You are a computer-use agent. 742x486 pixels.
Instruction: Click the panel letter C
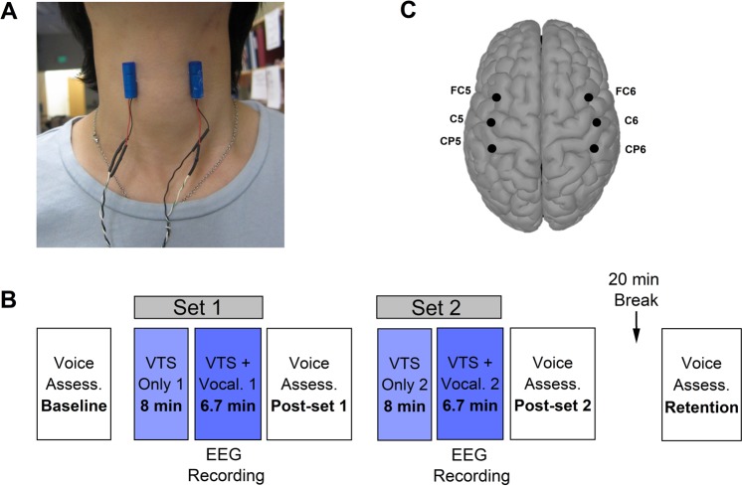coord(406,10)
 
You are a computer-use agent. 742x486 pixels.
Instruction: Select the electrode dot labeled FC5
coord(496,96)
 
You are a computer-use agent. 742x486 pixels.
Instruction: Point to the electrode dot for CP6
coord(594,148)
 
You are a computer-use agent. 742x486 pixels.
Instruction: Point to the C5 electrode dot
coord(490,122)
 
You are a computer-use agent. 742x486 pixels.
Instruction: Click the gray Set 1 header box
coord(197,306)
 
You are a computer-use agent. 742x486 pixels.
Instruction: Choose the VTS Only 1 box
coord(159,384)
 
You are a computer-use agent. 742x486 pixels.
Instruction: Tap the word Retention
coord(703,406)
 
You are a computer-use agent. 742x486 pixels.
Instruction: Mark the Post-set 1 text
coord(306,406)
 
